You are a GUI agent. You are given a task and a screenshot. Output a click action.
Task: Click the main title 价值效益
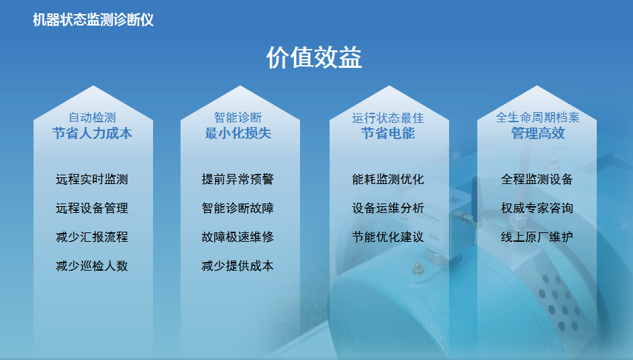313,57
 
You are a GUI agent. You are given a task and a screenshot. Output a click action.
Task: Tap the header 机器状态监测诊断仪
93,19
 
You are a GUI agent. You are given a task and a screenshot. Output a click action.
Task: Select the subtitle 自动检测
93,118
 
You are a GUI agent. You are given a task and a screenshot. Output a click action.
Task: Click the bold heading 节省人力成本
93,134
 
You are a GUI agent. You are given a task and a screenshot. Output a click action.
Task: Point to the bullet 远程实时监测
92,179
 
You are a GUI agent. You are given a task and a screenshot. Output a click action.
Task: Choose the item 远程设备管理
92,208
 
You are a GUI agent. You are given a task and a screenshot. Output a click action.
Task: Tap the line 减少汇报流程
92,237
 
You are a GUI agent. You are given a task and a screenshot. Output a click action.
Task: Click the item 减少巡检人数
92,266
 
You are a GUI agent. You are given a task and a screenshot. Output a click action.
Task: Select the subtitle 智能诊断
238,118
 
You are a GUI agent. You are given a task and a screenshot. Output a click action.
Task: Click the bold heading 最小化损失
238,134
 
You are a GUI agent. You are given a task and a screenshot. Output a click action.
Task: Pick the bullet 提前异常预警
238,179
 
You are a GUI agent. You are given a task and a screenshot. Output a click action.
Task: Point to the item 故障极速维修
238,237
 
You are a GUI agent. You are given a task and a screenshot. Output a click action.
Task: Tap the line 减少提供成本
238,266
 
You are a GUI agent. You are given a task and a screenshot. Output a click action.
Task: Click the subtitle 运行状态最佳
388,118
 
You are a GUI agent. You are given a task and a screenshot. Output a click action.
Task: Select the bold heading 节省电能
388,134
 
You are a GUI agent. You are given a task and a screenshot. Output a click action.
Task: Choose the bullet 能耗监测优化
388,179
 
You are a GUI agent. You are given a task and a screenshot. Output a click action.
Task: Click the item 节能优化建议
388,237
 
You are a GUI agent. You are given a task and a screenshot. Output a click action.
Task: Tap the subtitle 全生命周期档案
538,118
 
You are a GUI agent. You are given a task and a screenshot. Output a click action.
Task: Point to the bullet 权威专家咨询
537,208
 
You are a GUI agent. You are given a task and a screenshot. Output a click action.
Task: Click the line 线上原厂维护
537,237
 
